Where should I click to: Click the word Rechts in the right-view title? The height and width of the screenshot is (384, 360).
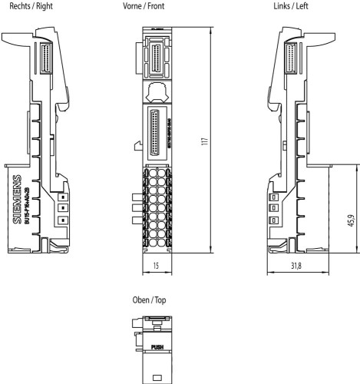(17, 5)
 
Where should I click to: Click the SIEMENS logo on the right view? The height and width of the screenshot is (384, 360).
(18, 203)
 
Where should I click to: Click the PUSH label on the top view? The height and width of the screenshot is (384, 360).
(157, 346)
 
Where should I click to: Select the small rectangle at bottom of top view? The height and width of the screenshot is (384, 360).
(157, 377)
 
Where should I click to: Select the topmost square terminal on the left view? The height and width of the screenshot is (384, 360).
(272, 197)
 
